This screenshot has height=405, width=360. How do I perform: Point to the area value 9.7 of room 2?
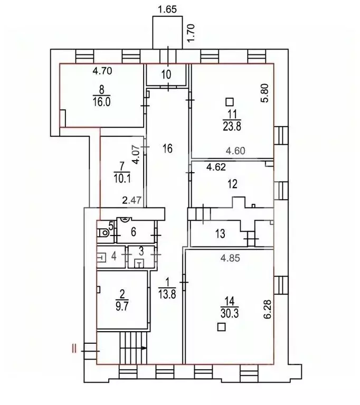point(122,304)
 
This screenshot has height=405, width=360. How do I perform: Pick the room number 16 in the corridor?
point(167,149)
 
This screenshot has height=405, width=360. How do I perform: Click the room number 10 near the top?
point(166,74)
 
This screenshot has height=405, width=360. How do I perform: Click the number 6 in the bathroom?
point(133,231)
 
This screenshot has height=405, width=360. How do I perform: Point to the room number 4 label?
point(113,256)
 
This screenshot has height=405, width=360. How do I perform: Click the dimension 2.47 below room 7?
point(131,201)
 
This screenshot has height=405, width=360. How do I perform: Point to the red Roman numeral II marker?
point(75,347)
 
